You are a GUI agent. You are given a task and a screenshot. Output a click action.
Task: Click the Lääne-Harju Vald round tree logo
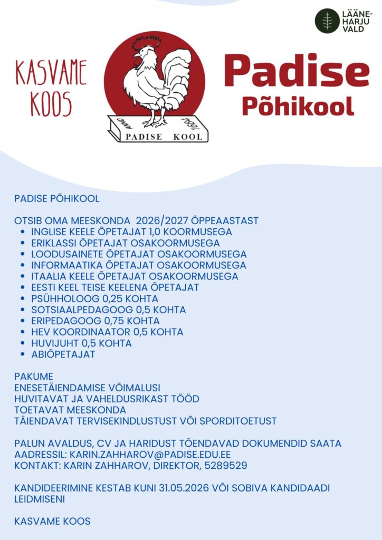pos(327,21)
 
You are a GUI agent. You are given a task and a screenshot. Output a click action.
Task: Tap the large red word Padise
pos(295,71)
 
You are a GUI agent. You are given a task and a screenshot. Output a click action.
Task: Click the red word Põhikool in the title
pos(298,106)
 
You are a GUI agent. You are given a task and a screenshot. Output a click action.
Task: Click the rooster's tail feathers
pos(177,79)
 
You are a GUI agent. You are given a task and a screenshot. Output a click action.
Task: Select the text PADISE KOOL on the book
pos(163,137)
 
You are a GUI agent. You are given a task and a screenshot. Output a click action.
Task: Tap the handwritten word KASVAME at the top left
pos(51,73)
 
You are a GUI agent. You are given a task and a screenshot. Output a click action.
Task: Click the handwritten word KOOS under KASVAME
pos(51,104)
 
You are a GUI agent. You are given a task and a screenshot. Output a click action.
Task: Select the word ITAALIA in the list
pos(49,276)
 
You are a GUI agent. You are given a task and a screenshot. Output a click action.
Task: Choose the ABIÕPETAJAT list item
pos(63,354)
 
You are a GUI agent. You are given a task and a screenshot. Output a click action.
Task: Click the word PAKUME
pos(34,377)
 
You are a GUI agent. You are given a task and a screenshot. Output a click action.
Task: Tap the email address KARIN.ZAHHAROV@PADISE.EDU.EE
pos(150,455)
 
